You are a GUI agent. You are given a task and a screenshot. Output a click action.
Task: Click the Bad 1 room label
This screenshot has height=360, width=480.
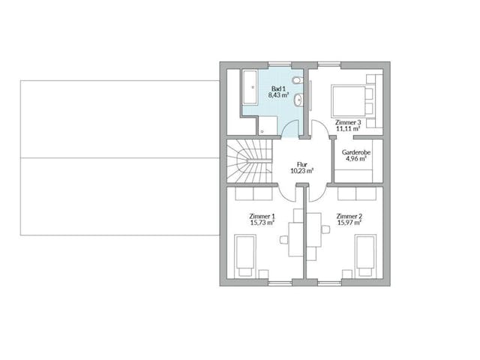click(278, 88)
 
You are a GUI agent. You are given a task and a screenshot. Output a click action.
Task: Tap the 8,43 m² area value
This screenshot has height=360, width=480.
click(278, 96)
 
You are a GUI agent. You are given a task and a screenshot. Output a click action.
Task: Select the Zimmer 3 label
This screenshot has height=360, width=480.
click(349, 122)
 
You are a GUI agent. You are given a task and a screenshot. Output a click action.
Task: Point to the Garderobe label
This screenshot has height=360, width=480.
click(353, 151)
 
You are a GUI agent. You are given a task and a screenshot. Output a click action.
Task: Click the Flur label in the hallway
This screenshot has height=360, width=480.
click(301, 163)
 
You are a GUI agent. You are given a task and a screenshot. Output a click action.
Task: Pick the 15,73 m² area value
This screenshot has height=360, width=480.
click(262, 223)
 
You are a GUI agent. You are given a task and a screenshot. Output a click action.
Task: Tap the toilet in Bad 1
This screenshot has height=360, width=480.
click(298, 80)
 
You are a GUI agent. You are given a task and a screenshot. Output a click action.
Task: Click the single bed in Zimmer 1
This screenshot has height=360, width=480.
click(245, 254)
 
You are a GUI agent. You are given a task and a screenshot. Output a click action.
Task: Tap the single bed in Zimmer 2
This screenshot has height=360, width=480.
click(365, 254)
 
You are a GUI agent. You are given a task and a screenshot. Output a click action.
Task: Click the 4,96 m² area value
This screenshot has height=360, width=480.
click(353, 158)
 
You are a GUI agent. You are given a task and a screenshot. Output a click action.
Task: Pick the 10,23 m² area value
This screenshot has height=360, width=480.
click(301, 171)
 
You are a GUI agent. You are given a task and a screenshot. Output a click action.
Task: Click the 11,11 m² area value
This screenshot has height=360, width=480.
click(349, 129)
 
